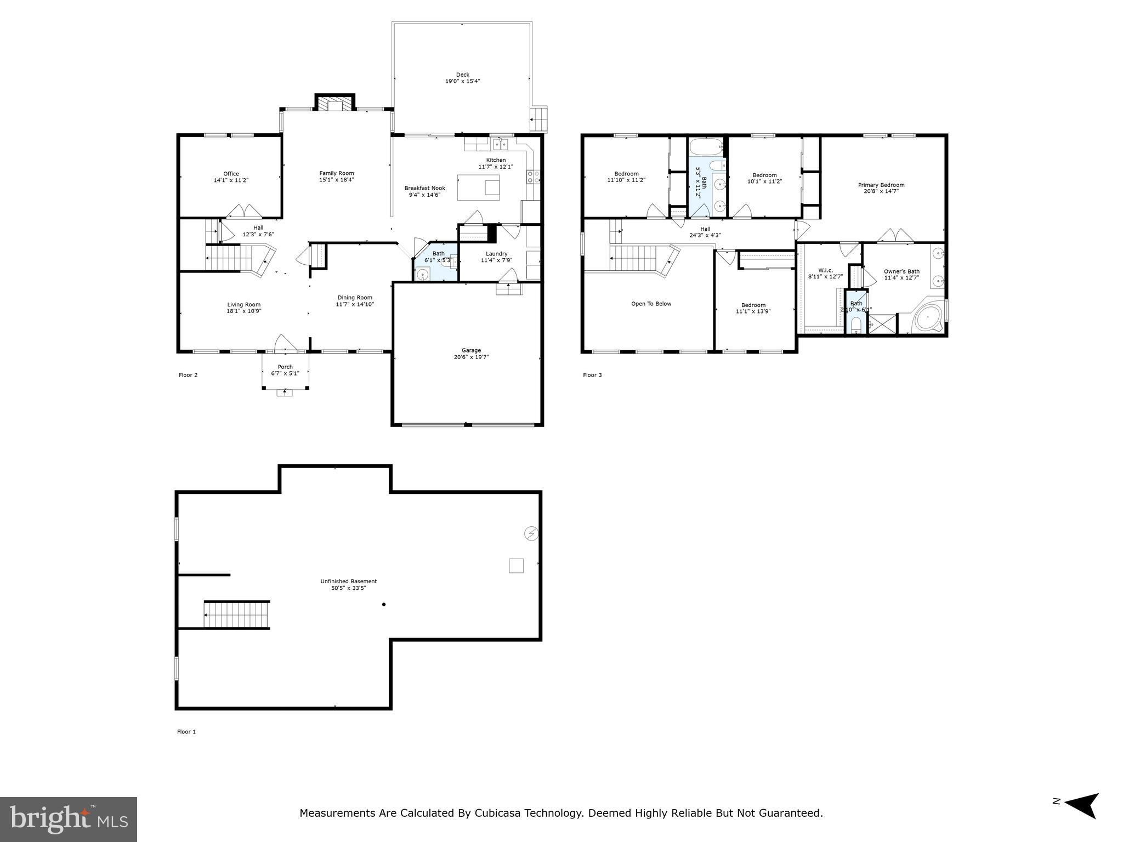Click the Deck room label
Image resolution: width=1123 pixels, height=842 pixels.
463,75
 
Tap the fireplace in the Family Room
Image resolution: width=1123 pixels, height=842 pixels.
334,105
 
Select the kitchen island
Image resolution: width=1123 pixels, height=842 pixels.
478,187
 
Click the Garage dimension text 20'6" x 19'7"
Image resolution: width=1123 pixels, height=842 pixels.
471,357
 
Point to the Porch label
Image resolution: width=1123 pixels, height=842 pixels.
285,367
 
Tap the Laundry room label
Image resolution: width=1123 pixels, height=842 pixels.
496,254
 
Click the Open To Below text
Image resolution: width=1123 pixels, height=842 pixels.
651,304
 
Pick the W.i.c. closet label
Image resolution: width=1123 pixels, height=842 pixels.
825,270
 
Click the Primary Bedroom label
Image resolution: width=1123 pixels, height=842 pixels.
881,185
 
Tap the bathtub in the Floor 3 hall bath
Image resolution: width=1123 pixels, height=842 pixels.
707,147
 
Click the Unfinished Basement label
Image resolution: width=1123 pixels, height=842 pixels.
349,581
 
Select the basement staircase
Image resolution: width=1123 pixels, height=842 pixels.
237,615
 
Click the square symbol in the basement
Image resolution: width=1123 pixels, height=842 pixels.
516,566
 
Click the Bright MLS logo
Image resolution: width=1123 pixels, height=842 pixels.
69,819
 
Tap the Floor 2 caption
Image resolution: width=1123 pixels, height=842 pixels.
188,375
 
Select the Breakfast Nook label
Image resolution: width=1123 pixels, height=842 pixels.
424,188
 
